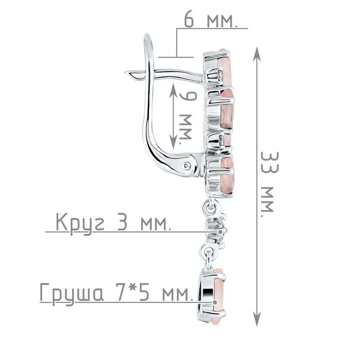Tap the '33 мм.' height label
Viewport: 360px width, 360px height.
(270, 184)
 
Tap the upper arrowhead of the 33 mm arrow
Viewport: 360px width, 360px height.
(257, 54)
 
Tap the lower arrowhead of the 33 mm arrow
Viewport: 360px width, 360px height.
(257, 319)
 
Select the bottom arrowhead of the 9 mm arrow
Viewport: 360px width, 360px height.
(173, 141)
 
